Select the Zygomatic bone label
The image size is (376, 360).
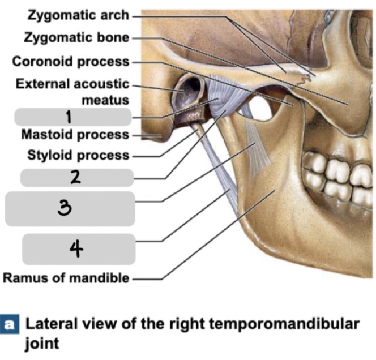(76, 38)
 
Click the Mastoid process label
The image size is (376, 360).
(75, 135)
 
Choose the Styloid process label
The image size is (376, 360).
(78, 155)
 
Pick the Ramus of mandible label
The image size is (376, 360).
(66, 278)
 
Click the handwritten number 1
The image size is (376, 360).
(69, 117)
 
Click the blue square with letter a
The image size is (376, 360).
(9, 325)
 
